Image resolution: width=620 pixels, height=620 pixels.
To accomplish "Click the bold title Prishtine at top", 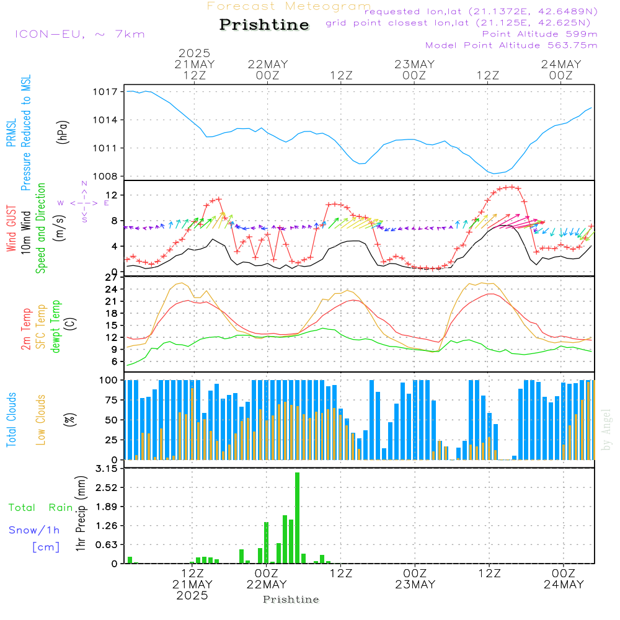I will click(264, 25).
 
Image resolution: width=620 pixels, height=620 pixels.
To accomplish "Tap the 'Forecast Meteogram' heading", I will click(289, 6).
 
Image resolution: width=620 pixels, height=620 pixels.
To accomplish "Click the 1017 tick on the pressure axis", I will click(105, 92).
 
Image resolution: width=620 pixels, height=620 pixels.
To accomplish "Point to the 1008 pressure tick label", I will click(105, 176).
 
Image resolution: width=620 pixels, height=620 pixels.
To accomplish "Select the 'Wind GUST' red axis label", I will click(12, 229).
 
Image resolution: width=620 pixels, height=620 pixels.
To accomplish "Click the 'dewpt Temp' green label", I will click(56, 327).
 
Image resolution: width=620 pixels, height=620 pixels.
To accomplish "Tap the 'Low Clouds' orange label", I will click(42, 419).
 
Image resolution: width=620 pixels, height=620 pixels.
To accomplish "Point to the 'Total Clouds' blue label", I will click(12, 419).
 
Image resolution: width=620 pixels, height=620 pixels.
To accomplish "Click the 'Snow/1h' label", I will click(35, 530).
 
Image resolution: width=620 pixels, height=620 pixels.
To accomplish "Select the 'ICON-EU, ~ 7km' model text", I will click(79, 34).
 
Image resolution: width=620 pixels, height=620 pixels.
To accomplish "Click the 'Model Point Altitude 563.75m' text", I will click(511, 45).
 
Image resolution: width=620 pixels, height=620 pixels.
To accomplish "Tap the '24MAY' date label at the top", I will click(560, 64).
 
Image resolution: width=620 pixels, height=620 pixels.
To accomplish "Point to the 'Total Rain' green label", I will click(41, 508).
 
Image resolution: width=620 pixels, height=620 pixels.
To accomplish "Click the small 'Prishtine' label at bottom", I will click(291, 600).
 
